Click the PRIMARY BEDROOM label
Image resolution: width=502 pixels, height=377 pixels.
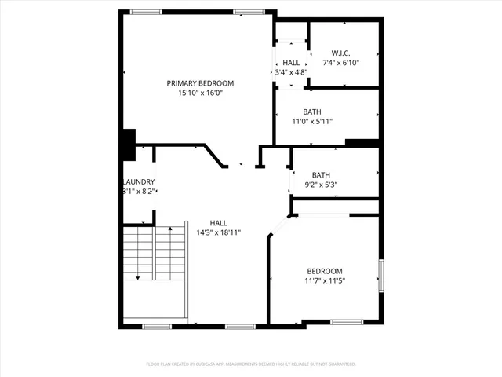point(199,82)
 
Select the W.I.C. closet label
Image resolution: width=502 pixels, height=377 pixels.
point(341,53)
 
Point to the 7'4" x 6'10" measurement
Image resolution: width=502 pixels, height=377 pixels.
point(341,63)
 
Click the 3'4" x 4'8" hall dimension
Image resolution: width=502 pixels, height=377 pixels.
point(290,72)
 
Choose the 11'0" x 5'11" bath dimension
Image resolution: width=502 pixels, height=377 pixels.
point(312,122)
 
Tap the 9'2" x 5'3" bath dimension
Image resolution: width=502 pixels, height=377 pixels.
point(321,185)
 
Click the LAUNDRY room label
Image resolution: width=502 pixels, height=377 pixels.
point(139,182)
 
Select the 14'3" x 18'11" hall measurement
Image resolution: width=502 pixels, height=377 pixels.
point(218,232)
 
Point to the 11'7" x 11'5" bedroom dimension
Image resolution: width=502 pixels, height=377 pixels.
point(324,280)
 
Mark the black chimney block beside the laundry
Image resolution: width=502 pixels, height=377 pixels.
point(129,144)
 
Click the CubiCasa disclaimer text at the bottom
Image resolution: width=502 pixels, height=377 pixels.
point(251,364)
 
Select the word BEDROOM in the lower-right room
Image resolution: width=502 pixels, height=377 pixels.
point(324,270)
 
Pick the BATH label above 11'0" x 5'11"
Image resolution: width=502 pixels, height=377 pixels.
point(312,112)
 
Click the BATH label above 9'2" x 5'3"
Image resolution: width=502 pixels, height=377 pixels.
point(321,175)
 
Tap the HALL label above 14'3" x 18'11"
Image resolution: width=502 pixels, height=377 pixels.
point(218,222)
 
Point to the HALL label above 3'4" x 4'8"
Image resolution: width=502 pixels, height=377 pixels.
point(291,62)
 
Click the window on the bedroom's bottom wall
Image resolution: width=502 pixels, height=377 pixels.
point(345,322)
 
